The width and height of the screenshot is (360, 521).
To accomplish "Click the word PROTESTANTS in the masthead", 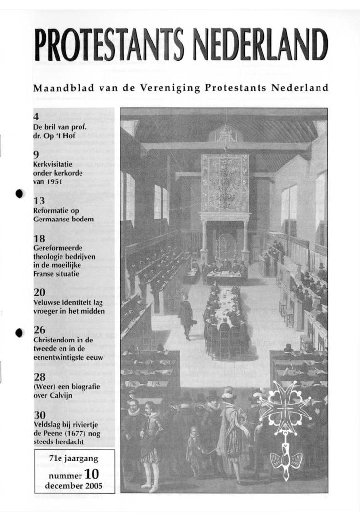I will pos(108,45).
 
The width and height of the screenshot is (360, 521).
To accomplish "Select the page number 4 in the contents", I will pos(36,117).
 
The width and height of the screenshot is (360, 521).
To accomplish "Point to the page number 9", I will pos(36,155).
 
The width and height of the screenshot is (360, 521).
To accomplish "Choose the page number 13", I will pos(40,200).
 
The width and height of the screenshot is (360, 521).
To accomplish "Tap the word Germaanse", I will pos(52,219).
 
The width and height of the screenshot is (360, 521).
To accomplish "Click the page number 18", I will pos(40,239).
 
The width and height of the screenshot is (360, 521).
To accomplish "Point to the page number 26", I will pos(40,330).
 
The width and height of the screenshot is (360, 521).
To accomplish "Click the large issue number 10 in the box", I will pos(92,473).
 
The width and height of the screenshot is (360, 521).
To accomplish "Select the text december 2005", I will pos(73,486).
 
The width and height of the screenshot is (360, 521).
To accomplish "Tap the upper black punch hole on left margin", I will pos(20,193).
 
